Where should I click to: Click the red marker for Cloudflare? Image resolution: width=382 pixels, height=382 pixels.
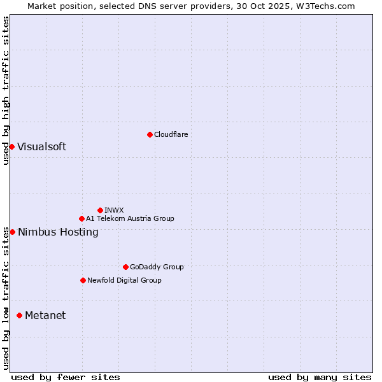pyautogui.click(x=150, y=134)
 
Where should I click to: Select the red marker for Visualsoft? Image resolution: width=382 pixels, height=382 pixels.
pyautogui.click(x=11, y=147)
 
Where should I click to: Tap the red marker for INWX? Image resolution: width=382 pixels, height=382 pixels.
pyautogui.click(x=100, y=210)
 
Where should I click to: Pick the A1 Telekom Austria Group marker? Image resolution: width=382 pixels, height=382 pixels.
pyautogui.click(x=81, y=218)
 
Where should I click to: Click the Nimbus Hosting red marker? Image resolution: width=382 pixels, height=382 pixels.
pyautogui.click(x=12, y=232)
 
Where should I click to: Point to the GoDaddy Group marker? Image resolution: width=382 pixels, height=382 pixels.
pyautogui.click(x=125, y=267)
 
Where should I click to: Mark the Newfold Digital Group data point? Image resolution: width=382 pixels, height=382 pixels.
pyautogui.click(x=83, y=280)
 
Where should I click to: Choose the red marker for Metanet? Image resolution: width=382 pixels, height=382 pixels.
pyautogui.click(x=19, y=315)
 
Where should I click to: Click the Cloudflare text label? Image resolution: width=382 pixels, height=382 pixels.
pyautogui.click(x=171, y=134)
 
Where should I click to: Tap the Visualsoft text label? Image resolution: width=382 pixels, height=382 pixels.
pyautogui.click(x=41, y=147)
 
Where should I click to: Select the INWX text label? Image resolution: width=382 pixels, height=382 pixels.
pyautogui.click(x=114, y=210)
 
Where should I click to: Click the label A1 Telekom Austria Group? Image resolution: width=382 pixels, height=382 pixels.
pyautogui.click(x=130, y=218)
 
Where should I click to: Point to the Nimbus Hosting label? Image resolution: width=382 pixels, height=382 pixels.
pyautogui.click(x=58, y=232)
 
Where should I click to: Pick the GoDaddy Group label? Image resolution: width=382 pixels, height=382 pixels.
pyautogui.click(x=157, y=267)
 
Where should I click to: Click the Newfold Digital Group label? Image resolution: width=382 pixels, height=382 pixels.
pyautogui.click(x=124, y=280)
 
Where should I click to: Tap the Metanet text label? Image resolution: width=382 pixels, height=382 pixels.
pyautogui.click(x=45, y=315)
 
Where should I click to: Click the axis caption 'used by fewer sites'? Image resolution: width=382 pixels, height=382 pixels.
pyautogui.click(x=66, y=377)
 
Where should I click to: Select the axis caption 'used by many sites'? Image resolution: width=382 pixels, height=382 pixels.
pyautogui.click(x=320, y=377)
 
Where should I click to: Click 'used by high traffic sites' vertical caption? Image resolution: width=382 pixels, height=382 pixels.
pyautogui.click(x=6, y=90)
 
